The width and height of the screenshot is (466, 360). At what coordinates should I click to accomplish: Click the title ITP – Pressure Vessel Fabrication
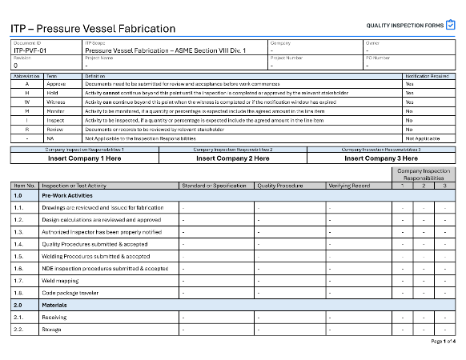93,29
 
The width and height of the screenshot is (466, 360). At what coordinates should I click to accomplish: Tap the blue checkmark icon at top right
451,26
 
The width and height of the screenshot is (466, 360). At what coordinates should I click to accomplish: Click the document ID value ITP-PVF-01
31,50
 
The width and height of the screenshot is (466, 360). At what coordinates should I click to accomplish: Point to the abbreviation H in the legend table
27,92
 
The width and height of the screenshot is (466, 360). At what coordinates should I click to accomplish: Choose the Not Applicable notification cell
421,138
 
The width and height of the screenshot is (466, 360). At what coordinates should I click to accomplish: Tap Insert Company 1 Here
86,158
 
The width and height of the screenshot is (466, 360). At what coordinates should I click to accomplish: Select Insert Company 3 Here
381,158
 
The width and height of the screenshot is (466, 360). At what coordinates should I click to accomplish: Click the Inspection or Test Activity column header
73,185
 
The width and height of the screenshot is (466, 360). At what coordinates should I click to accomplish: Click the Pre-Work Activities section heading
68,195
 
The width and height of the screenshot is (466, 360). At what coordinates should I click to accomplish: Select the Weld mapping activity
59,281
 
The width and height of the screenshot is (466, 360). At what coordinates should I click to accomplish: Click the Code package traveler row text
71,293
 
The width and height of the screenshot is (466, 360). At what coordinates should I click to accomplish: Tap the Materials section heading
54,305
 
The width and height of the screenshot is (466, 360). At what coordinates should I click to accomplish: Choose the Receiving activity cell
54,318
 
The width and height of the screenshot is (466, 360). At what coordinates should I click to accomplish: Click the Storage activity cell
52,330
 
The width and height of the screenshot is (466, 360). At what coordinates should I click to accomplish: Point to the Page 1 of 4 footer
443,342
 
